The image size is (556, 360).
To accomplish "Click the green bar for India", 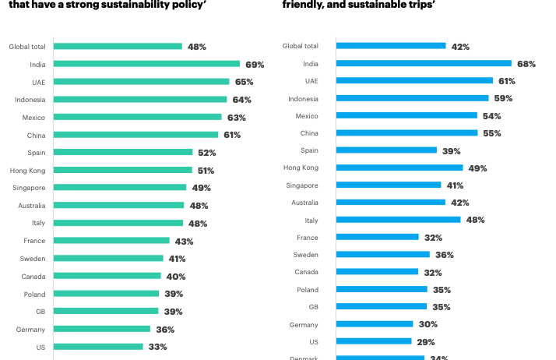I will tap(146, 64).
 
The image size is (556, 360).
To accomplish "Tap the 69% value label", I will tap(255, 64).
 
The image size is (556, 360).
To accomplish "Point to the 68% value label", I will tap(526, 63).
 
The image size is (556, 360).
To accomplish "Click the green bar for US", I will tap(98, 347).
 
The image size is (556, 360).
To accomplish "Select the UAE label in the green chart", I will tap(37, 82).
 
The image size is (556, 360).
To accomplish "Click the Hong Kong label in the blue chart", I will tap(301, 168).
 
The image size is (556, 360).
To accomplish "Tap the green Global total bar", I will tap(118, 46).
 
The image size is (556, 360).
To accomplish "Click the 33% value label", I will tap(158, 347).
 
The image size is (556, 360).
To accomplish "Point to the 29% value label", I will tap(426, 342).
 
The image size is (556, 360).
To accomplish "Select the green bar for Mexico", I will tap(138, 117).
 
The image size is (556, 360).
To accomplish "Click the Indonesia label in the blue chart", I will tap(303, 99).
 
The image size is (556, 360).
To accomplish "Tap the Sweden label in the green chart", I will tap(33, 259).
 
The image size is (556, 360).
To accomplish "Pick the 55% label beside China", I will tap(492, 133).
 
